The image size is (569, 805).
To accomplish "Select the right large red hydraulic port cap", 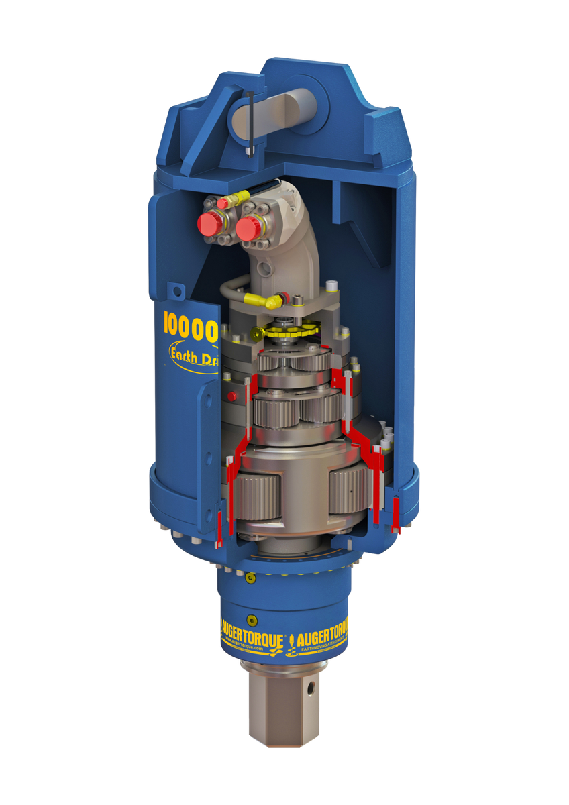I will (250, 229).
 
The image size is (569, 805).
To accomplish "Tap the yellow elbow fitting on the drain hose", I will (258, 299).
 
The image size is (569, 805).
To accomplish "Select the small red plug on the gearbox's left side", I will (232, 397).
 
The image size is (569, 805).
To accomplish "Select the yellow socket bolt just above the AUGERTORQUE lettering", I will (252, 620).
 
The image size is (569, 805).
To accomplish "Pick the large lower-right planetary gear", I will (348, 489).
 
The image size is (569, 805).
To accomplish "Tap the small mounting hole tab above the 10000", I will (177, 291).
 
